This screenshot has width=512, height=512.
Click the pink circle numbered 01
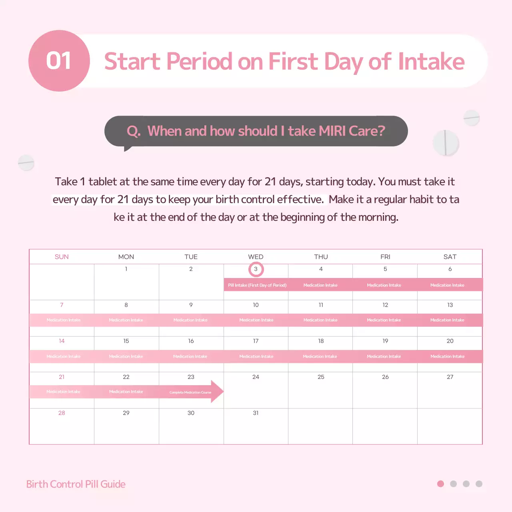pos(59,61)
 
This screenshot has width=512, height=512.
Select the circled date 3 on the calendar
pos(256,269)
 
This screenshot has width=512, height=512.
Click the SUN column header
pos(62,257)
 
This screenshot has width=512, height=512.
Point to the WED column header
pos(256,257)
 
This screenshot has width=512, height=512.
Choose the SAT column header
pos(450,257)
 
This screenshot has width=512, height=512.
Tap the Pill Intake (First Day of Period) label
pos(257,285)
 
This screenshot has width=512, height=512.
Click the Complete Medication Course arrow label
pos(190,392)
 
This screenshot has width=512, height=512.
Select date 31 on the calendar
pos(256,413)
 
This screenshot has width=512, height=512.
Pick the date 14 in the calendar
pos(62,341)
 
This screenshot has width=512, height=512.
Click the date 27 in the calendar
pos(450,377)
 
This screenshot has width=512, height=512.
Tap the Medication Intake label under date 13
pos(447,320)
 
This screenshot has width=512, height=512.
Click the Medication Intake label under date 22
pos(126,392)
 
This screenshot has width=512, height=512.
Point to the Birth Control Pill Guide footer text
pos(76,484)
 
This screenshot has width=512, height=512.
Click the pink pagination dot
pos(440,484)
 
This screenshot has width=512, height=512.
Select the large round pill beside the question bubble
pos(446,143)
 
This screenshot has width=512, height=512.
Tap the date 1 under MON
pos(126,269)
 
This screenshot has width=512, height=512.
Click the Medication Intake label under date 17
pos(256,356)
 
